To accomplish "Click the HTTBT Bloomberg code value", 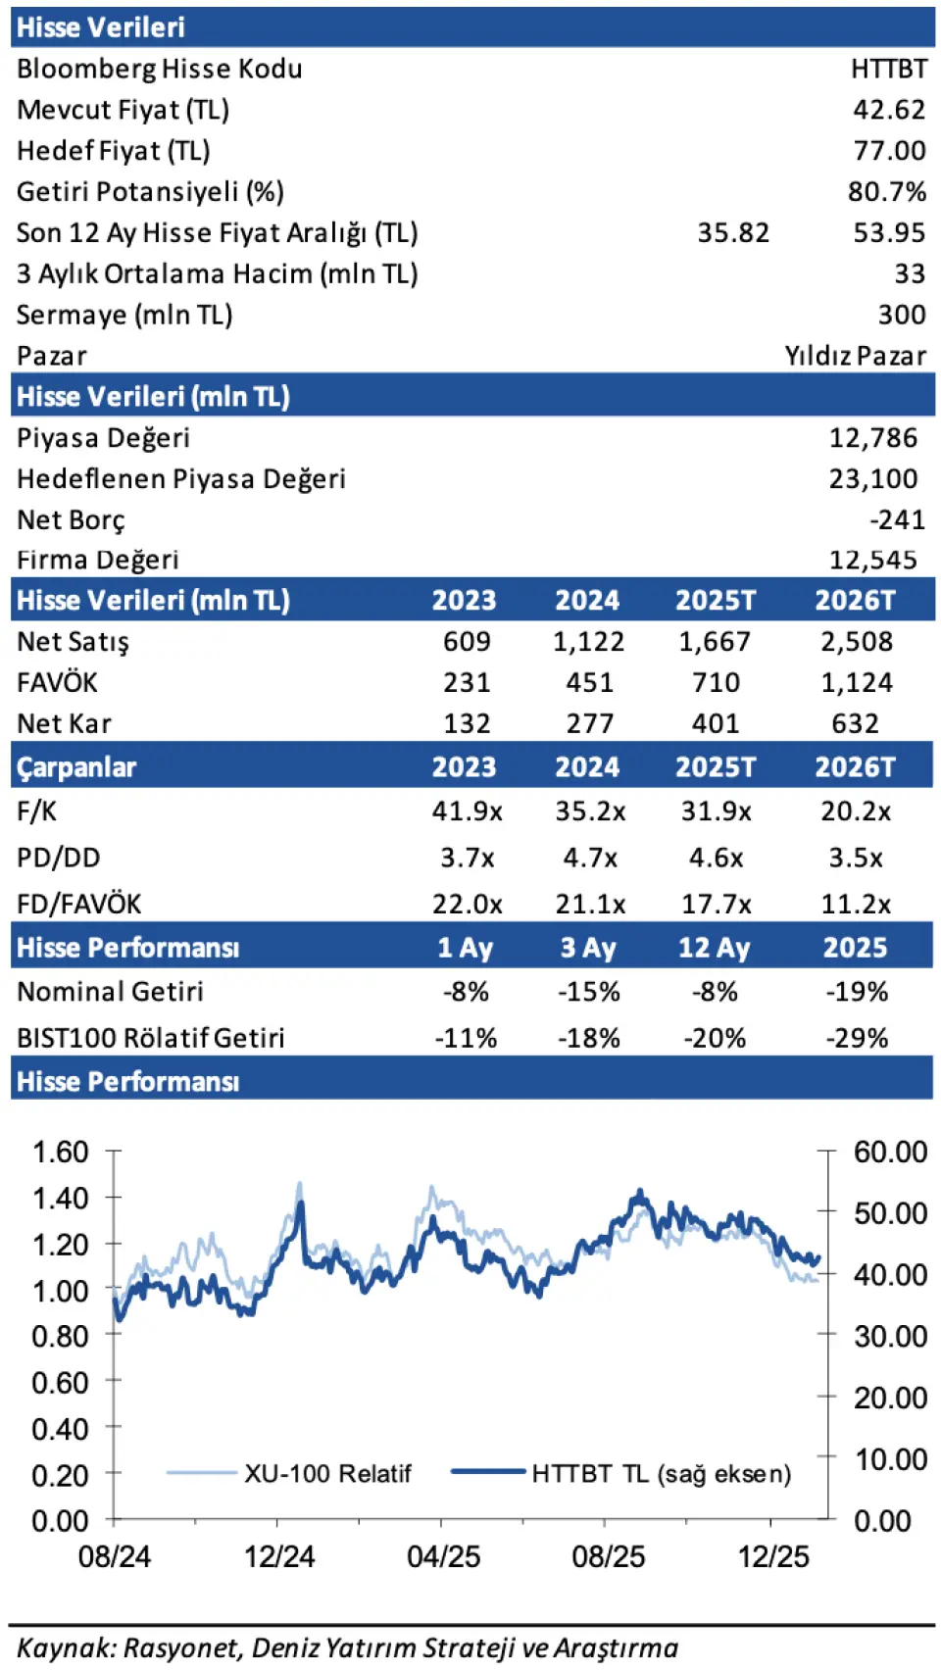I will (x=888, y=69).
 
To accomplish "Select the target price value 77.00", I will (x=889, y=151).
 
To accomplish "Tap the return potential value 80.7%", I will (x=886, y=192).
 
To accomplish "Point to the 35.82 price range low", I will (x=733, y=233).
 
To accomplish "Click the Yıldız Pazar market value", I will (x=855, y=356).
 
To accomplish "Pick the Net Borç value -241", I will (x=897, y=519).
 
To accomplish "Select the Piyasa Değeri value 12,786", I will (x=873, y=438).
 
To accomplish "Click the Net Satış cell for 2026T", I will (x=856, y=642).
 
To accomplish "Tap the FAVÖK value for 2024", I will (x=589, y=683).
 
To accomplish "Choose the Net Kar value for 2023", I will (x=467, y=724).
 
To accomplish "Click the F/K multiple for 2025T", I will (x=716, y=811).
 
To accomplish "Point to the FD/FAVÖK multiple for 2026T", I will (x=856, y=904).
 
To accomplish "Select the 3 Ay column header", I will (x=588, y=948).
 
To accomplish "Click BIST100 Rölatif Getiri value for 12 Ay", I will (x=715, y=1038).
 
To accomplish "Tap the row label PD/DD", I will (x=59, y=858).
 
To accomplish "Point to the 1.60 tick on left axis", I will (x=61, y=1152).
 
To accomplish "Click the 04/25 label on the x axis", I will (x=443, y=1556).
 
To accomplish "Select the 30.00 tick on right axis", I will (x=890, y=1336).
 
